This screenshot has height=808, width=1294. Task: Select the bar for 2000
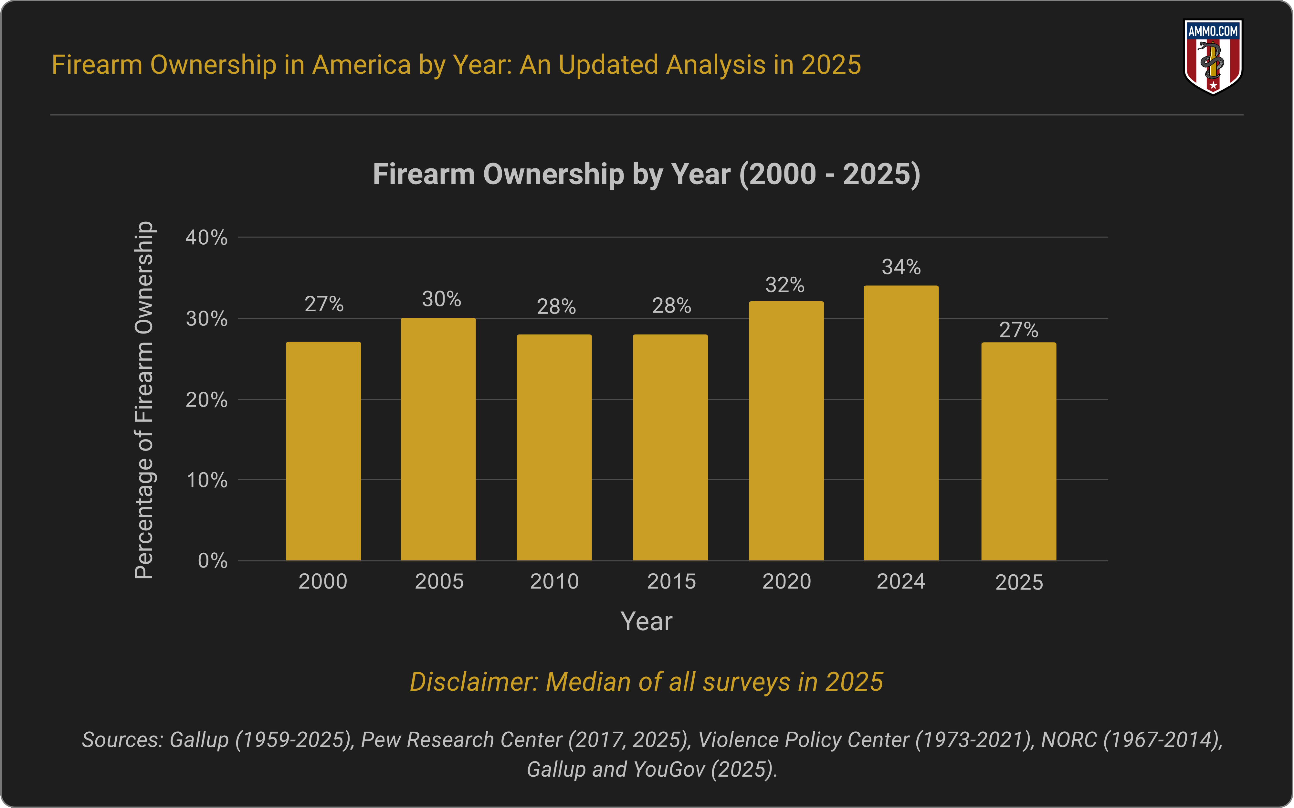click(323, 452)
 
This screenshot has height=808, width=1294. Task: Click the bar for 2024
click(901, 423)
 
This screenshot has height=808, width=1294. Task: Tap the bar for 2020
click(786, 431)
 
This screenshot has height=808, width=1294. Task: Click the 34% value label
click(901, 267)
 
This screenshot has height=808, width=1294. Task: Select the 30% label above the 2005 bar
click(441, 299)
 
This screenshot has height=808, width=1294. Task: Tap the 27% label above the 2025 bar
click(1018, 330)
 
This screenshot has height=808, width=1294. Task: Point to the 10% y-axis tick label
click(206, 480)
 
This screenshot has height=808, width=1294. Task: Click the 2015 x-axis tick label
click(671, 581)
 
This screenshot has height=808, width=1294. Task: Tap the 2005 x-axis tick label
click(439, 581)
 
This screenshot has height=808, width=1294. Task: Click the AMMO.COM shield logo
click(1213, 57)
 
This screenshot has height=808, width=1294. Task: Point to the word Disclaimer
click(473, 682)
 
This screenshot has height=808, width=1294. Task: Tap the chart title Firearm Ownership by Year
click(646, 174)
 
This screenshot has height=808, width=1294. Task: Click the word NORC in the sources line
click(1068, 739)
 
